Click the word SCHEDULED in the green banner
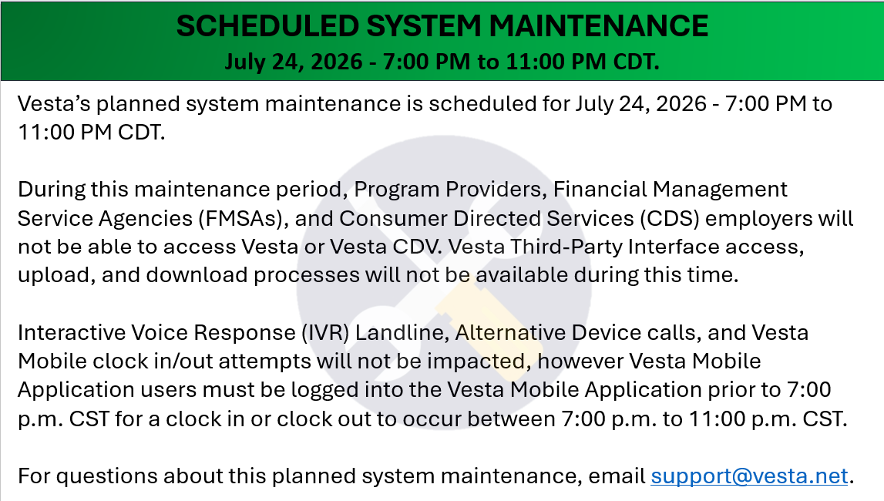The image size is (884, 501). coord(267,26)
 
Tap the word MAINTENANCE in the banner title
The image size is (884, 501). coord(599,26)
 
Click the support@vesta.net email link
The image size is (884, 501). coord(749,476)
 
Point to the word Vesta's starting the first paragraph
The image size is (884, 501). coord(53,104)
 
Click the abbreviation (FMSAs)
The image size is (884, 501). coord(240,219)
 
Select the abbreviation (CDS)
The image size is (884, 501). coord(669,219)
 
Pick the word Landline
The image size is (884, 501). coord(402,333)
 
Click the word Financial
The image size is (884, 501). coord(600,190)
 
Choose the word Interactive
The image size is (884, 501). coord(72,333)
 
